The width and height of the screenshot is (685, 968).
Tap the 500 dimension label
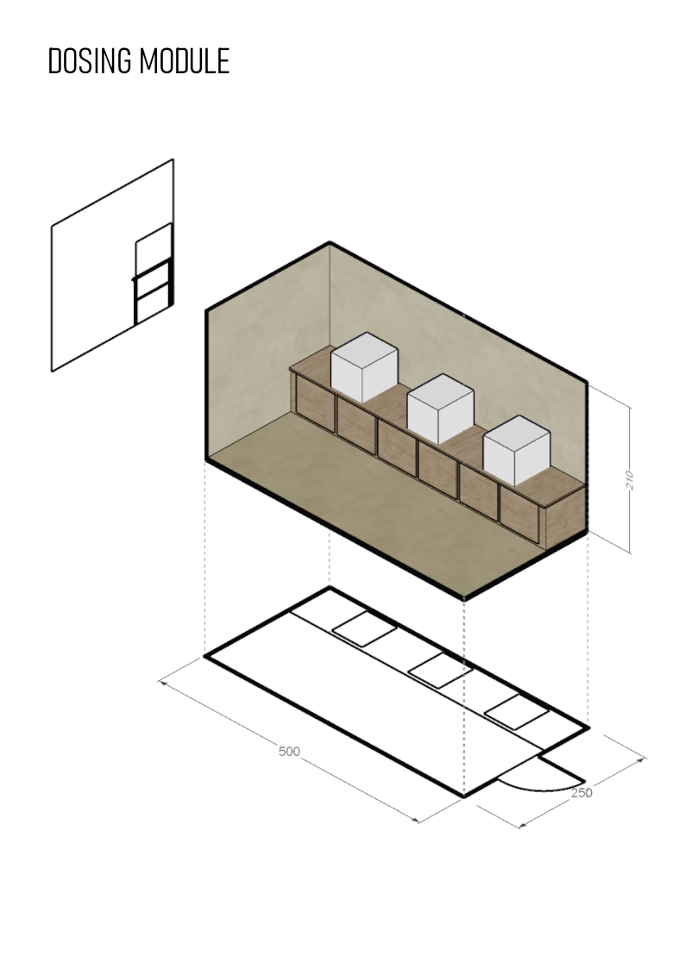pos(289,752)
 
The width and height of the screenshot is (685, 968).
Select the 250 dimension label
pos(581,793)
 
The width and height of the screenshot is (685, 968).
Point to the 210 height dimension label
pos(630,480)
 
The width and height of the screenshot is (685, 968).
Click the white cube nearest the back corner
pos(364,367)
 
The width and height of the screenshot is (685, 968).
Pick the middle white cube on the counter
pos(440,409)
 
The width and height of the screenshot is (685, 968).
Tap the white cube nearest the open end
pos(517,451)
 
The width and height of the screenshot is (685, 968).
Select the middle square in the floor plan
pos(440,671)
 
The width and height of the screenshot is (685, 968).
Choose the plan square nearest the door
pos(517,712)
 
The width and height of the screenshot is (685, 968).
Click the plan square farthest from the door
pos(364,629)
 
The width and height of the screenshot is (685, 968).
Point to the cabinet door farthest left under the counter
pos(315,403)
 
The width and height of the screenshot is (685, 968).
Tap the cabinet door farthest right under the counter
pos(519,515)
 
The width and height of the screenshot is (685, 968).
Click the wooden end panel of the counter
pos(564,518)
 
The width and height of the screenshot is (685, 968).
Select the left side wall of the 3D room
pos(267,352)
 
